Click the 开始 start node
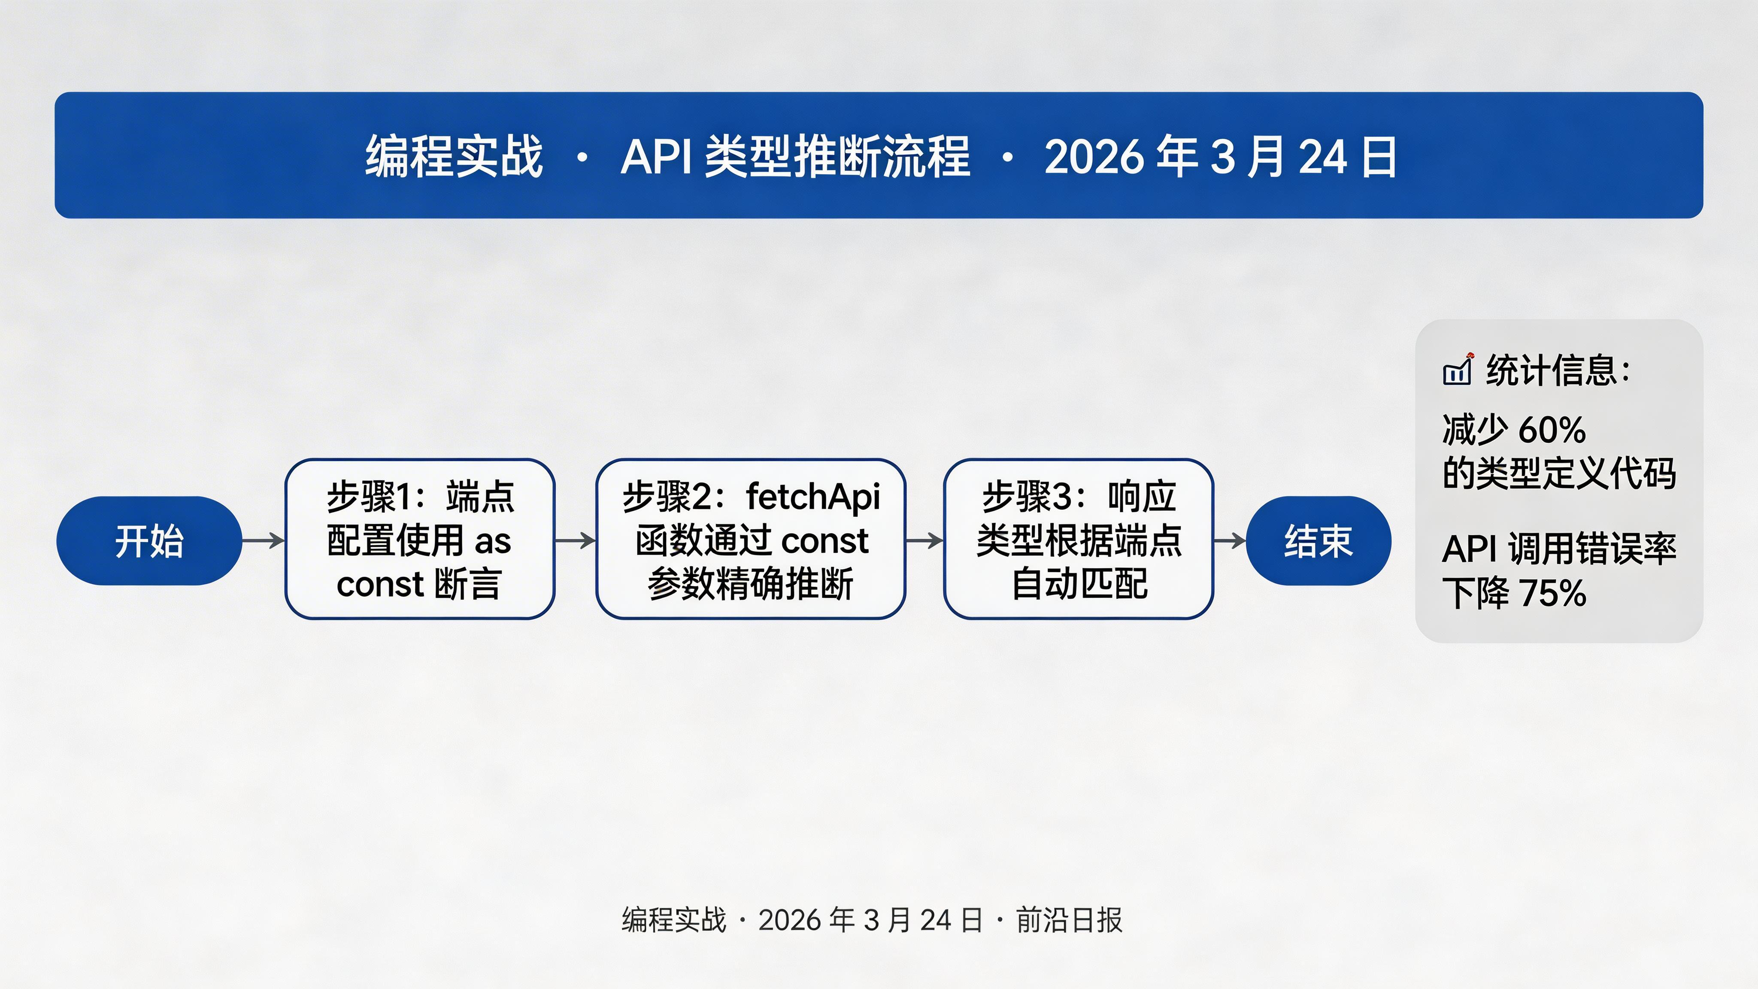(149, 540)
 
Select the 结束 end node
(1318, 540)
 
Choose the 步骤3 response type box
(1078, 539)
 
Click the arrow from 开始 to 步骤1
(264, 540)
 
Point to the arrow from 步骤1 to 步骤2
(575, 540)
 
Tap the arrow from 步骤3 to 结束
(1230, 540)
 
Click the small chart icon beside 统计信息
(1457, 370)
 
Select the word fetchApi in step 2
(813, 497)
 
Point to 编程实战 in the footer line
(673, 920)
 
